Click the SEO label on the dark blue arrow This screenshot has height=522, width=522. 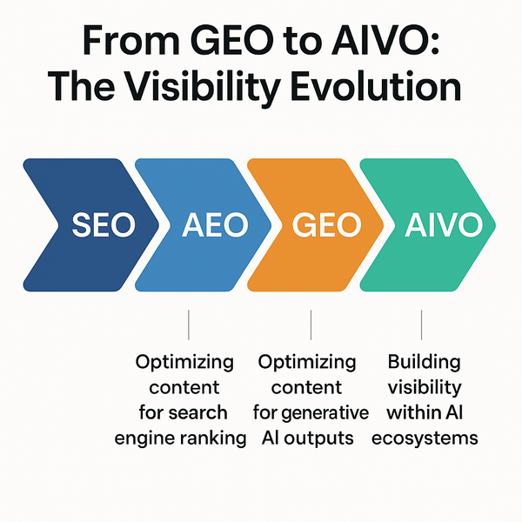104,225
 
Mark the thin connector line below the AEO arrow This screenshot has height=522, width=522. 188,326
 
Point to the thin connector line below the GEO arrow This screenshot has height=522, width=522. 311,326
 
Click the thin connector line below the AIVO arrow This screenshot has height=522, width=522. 421,326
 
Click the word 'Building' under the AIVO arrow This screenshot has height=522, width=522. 424,361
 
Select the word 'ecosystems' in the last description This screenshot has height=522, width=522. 424,438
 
